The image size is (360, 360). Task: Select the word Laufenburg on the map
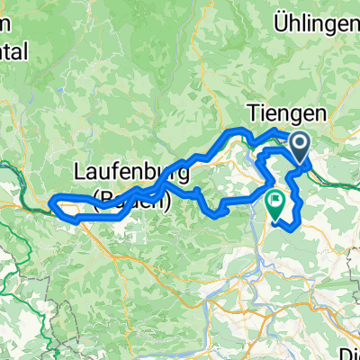[131, 169]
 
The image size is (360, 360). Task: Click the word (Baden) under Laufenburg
[131, 201]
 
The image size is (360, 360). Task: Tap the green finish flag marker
[274, 203]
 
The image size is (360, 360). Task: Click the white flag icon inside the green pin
[274, 200]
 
